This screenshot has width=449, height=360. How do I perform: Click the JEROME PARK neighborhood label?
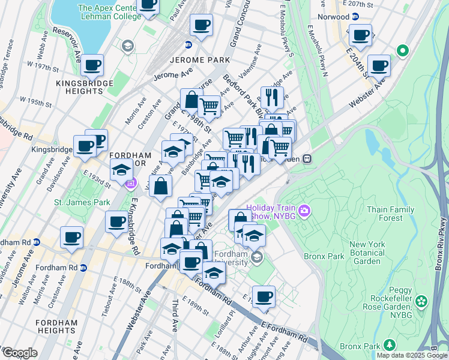(x=200, y=61)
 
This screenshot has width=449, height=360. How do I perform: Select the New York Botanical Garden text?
(x=367, y=253)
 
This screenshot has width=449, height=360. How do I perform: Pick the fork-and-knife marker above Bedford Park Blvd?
(x=272, y=96)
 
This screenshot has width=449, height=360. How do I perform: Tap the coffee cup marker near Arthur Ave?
(x=263, y=296)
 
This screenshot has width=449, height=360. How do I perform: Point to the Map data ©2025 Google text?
(x=412, y=355)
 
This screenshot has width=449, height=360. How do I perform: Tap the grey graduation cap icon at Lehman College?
(x=127, y=45)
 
